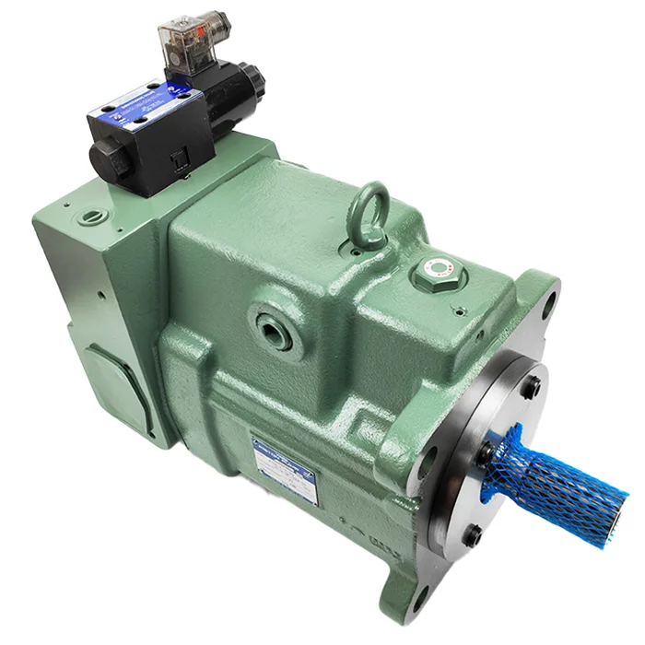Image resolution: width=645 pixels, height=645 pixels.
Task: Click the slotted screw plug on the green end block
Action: click(91, 218)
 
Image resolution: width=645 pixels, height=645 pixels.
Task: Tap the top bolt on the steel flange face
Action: click(533, 391)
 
